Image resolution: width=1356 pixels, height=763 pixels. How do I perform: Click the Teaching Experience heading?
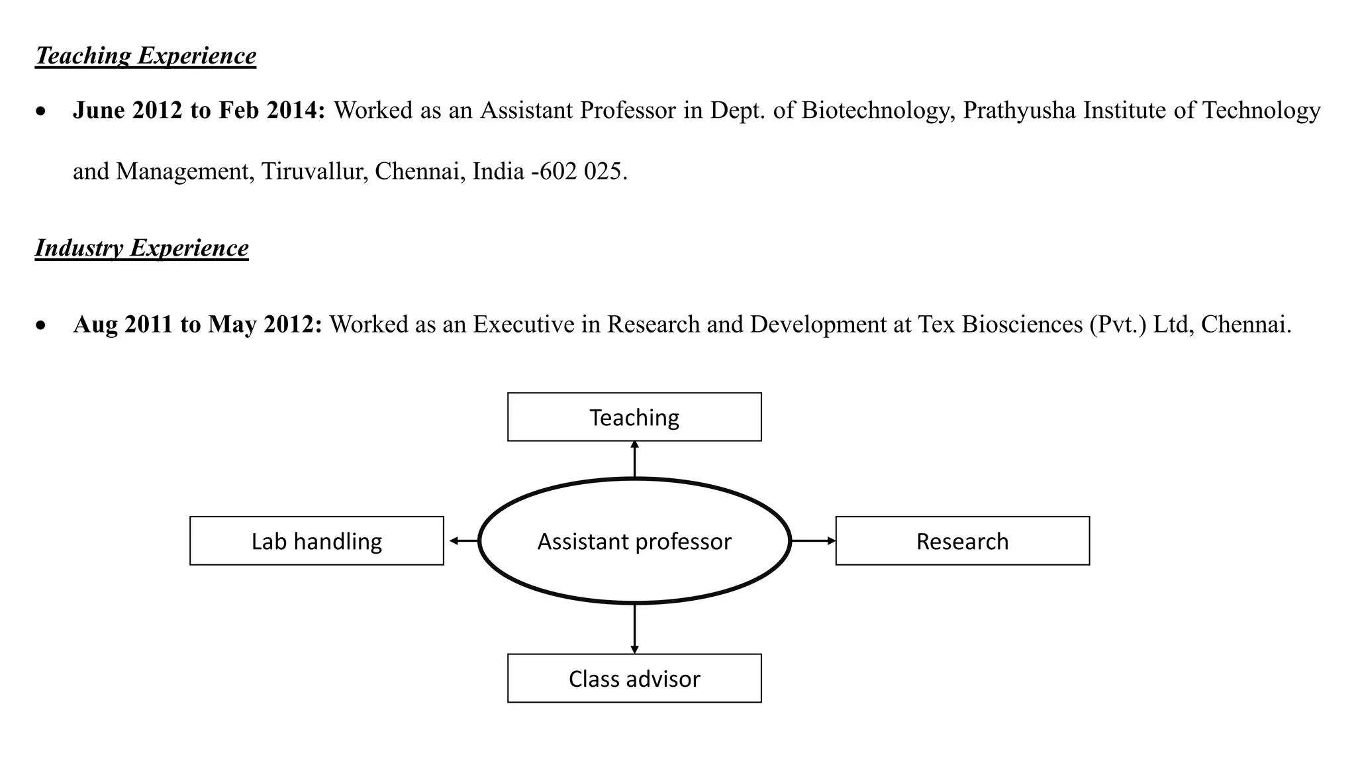[146, 56]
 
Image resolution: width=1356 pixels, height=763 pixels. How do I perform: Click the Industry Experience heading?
[142, 248]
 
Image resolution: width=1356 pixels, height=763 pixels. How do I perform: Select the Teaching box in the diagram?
[634, 417]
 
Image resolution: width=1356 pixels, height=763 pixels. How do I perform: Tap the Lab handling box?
[316, 541]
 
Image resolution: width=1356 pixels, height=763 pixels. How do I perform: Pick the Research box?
[962, 541]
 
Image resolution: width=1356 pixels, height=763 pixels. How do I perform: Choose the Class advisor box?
[634, 678]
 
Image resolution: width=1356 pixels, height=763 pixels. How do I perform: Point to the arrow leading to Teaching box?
[634, 459]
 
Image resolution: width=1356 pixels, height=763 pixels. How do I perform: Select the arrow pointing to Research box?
[813, 541]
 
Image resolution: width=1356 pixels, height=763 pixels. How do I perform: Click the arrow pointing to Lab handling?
[463, 541]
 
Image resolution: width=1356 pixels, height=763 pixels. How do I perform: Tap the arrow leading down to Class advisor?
[634, 629]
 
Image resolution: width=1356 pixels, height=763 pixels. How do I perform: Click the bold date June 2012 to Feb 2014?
[199, 111]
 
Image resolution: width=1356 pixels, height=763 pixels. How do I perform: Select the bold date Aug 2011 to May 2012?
[197, 325]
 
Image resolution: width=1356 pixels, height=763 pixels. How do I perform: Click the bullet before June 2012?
[42, 112]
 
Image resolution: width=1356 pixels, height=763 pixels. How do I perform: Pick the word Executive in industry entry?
[523, 325]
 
